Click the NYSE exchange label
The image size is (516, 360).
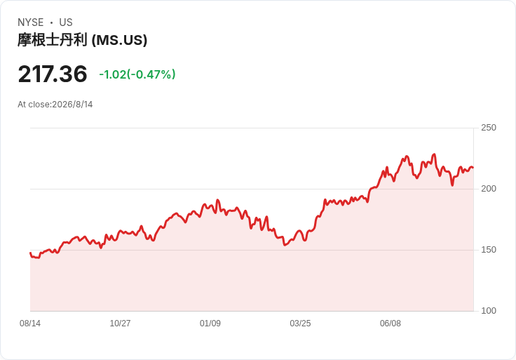(x=31, y=22)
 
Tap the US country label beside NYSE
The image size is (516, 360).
(x=66, y=22)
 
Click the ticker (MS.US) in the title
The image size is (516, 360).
(x=119, y=41)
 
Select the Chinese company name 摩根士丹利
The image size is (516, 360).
(x=53, y=40)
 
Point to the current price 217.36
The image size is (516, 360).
(x=53, y=74)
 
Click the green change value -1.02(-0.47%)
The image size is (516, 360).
(x=137, y=74)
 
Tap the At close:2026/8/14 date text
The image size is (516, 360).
(x=55, y=105)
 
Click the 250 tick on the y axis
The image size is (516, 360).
(x=489, y=128)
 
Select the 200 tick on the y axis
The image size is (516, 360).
(x=489, y=189)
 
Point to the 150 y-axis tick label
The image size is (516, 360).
(x=489, y=250)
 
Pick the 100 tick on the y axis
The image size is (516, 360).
(x=489, y=311)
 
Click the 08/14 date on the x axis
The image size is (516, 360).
(x=30, y=324)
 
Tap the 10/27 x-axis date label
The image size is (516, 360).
(x=120, y=324)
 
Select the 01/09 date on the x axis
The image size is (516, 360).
(x=210, y=324)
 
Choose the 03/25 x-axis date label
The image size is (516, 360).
(x=300, y=324)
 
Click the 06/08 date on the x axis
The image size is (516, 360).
(x=391, y=324)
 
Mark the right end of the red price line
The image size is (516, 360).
(x=473, y=168)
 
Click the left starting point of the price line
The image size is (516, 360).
(x=30, y=253)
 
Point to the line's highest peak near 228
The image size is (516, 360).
(x=435, y=154)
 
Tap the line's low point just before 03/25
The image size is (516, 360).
(x=285, y=245)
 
